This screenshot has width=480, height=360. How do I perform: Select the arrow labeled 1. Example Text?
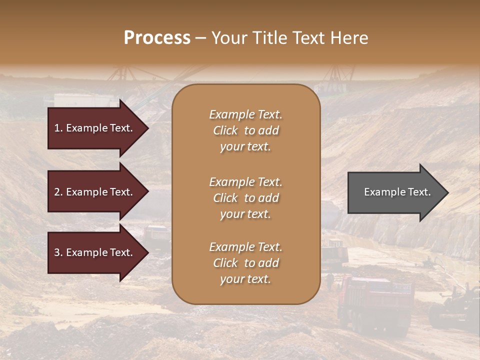tap(95, 128)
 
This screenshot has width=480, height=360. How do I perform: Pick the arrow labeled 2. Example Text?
tap(95, 192)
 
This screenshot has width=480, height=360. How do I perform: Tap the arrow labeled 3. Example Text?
tap(95, 252)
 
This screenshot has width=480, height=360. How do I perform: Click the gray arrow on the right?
tap(395, 192)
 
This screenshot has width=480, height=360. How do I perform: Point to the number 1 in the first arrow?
tap(57, 128)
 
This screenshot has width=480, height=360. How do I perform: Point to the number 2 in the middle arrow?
tap(57, 192)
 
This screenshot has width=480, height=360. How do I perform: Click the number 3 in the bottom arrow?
tap(57, 252)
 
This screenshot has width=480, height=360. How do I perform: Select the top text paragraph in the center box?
tap(245, 130)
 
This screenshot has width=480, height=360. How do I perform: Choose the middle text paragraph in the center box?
tap(245, 198)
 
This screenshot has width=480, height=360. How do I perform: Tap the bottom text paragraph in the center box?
tap(245, 263)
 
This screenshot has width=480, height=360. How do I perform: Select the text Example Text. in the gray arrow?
tap(397, 192)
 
